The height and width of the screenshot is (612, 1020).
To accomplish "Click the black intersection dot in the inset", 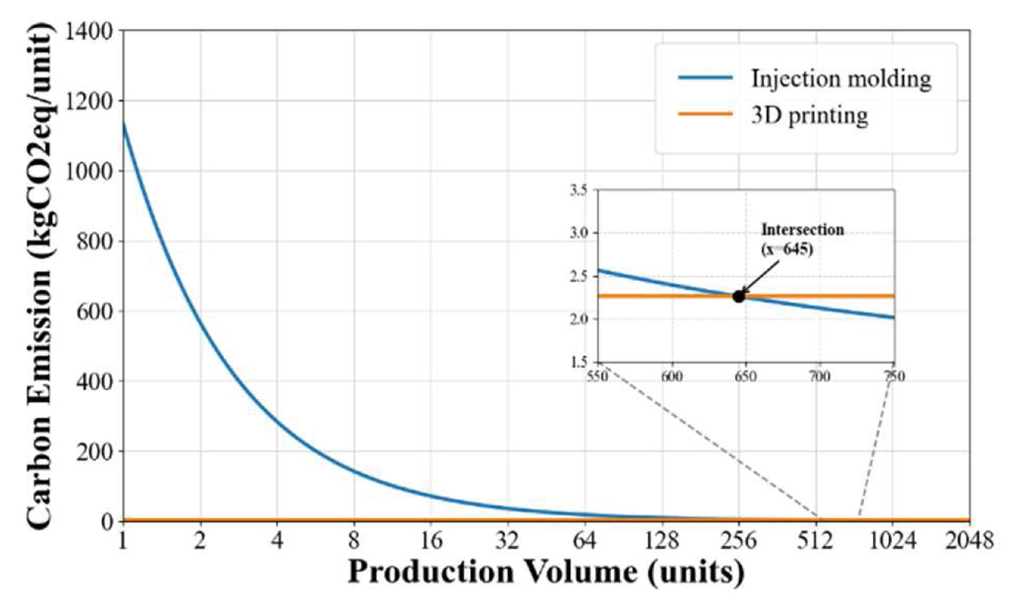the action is pyautogui.click(x=738, y=297).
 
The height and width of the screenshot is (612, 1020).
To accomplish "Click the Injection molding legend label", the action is pyautogui.click(x=841, y=79).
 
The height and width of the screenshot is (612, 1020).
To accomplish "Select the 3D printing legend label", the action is pyautogui.click(x=809, y=116).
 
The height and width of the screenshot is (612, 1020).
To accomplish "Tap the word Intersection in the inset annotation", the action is pyautogui.click(x=803, y=229).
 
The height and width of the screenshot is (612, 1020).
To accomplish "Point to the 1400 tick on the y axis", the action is pyautogui.click(x=89, y=31).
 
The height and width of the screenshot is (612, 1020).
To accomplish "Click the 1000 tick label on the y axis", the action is pyautogui.click(x=89, y=171).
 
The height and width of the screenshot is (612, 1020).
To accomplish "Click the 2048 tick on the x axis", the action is pyautogui.click(x=969, y=541).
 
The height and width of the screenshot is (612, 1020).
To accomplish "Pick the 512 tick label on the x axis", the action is pyautogui.click(x=815, y=541).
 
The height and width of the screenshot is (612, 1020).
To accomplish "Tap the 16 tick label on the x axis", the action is pyautogui.click(x=431, y=541).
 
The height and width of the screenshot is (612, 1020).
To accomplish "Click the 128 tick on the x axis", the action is pyautogui.click(x=662, y=541).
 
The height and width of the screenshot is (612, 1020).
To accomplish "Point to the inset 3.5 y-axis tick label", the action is pyautogui.click(x=579, y=190).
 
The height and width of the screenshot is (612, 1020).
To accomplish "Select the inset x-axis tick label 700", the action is pyautogui.click(x=819, y=377).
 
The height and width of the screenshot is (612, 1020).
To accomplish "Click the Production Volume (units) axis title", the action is pyautogui.click(x=546, y=572).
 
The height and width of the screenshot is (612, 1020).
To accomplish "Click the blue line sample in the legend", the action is pyautogui.click(x=705, y=78).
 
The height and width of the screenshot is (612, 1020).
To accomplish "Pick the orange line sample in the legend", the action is pyautogui.click(x=705, y=114).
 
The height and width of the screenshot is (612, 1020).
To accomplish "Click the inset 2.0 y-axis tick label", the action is pyautogui.click(x=579, y=319).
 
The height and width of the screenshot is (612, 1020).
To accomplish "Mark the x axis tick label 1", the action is pyautogui.click(x=122, y=541).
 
